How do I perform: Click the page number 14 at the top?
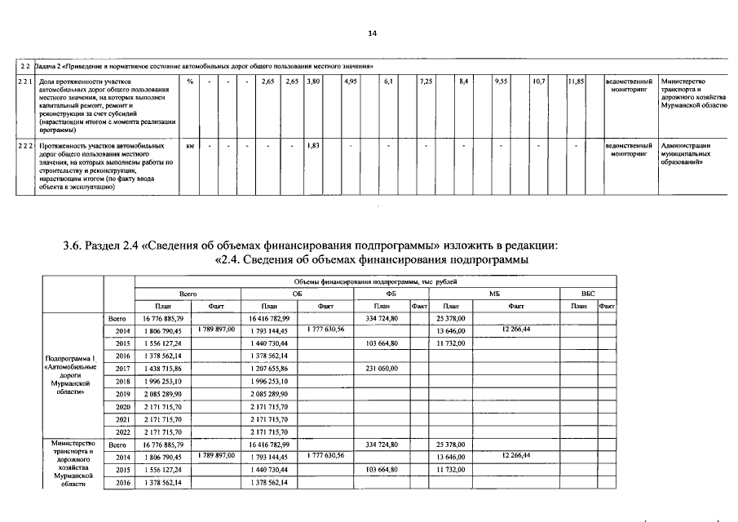point(372,33)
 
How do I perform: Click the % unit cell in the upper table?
point(189,82)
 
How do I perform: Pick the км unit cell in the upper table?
point(189,145)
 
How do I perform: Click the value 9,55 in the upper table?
point(502,82)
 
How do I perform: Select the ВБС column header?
point(588,293)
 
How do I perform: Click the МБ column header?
point(494,293)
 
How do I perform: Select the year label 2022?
point(122,431)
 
